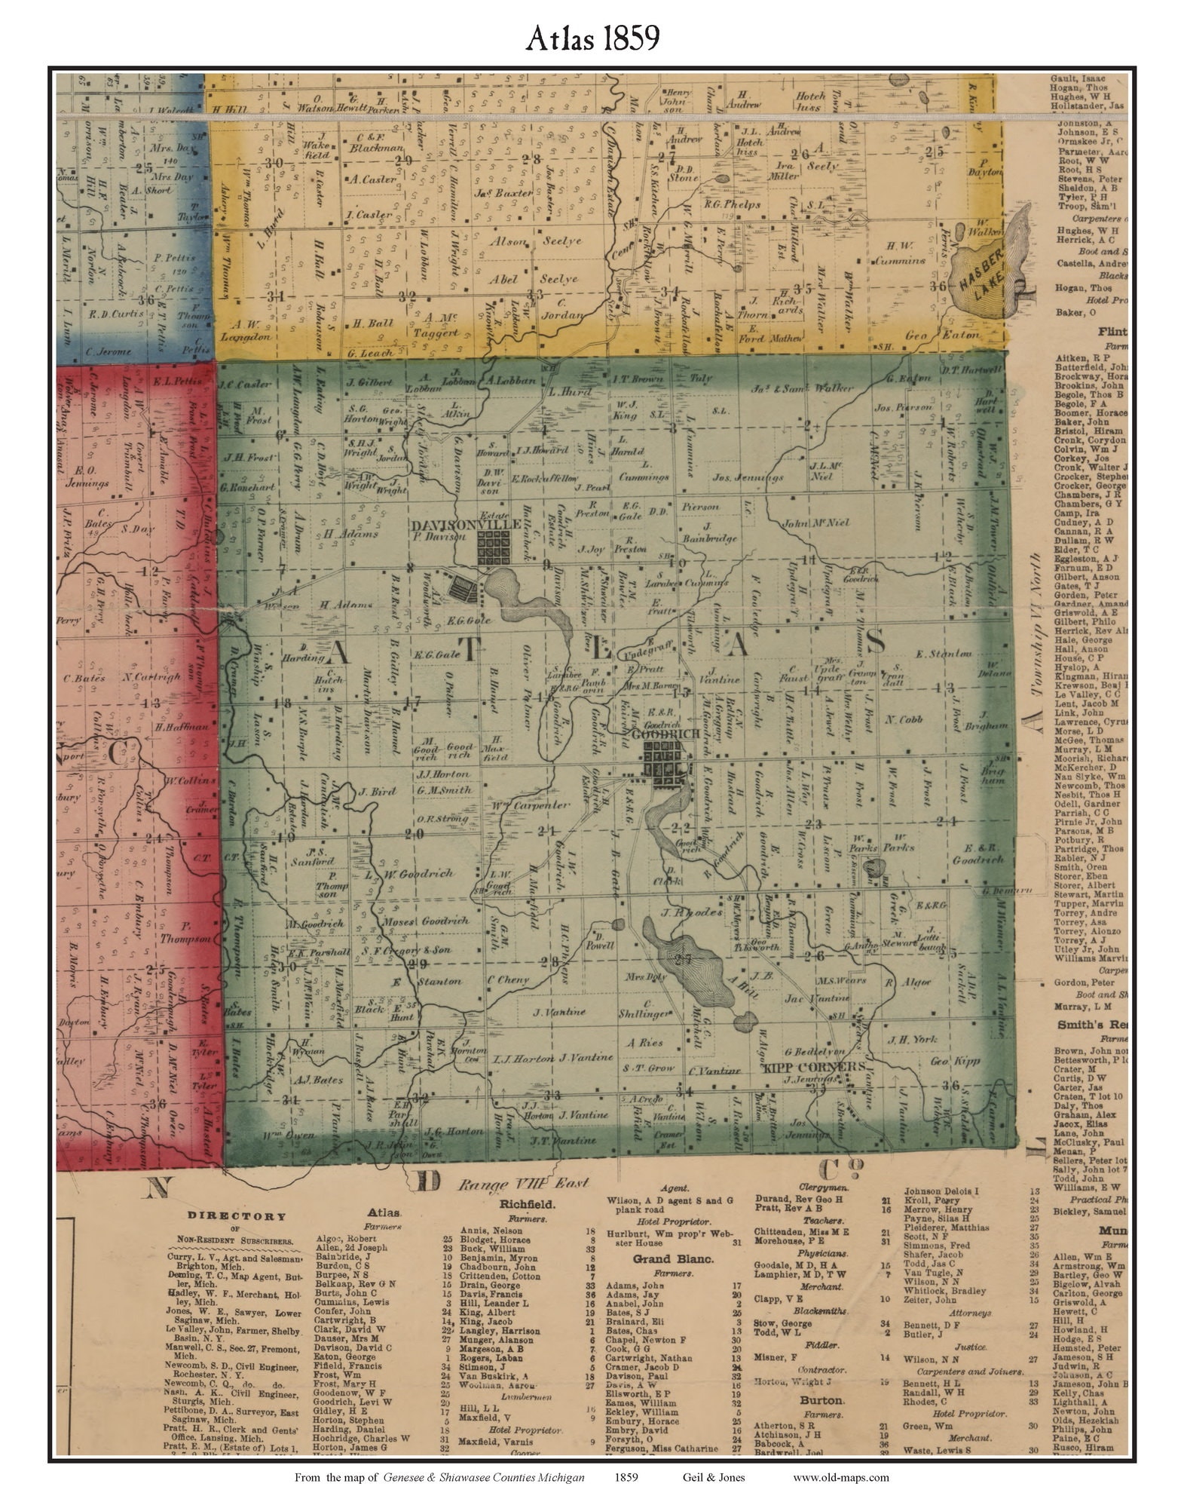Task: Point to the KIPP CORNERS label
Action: tap(803, 1066)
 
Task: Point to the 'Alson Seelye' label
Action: tap(535, 241)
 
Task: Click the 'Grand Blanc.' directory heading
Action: tap(662, 1258)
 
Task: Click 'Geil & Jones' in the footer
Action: tap(709, 1477)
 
